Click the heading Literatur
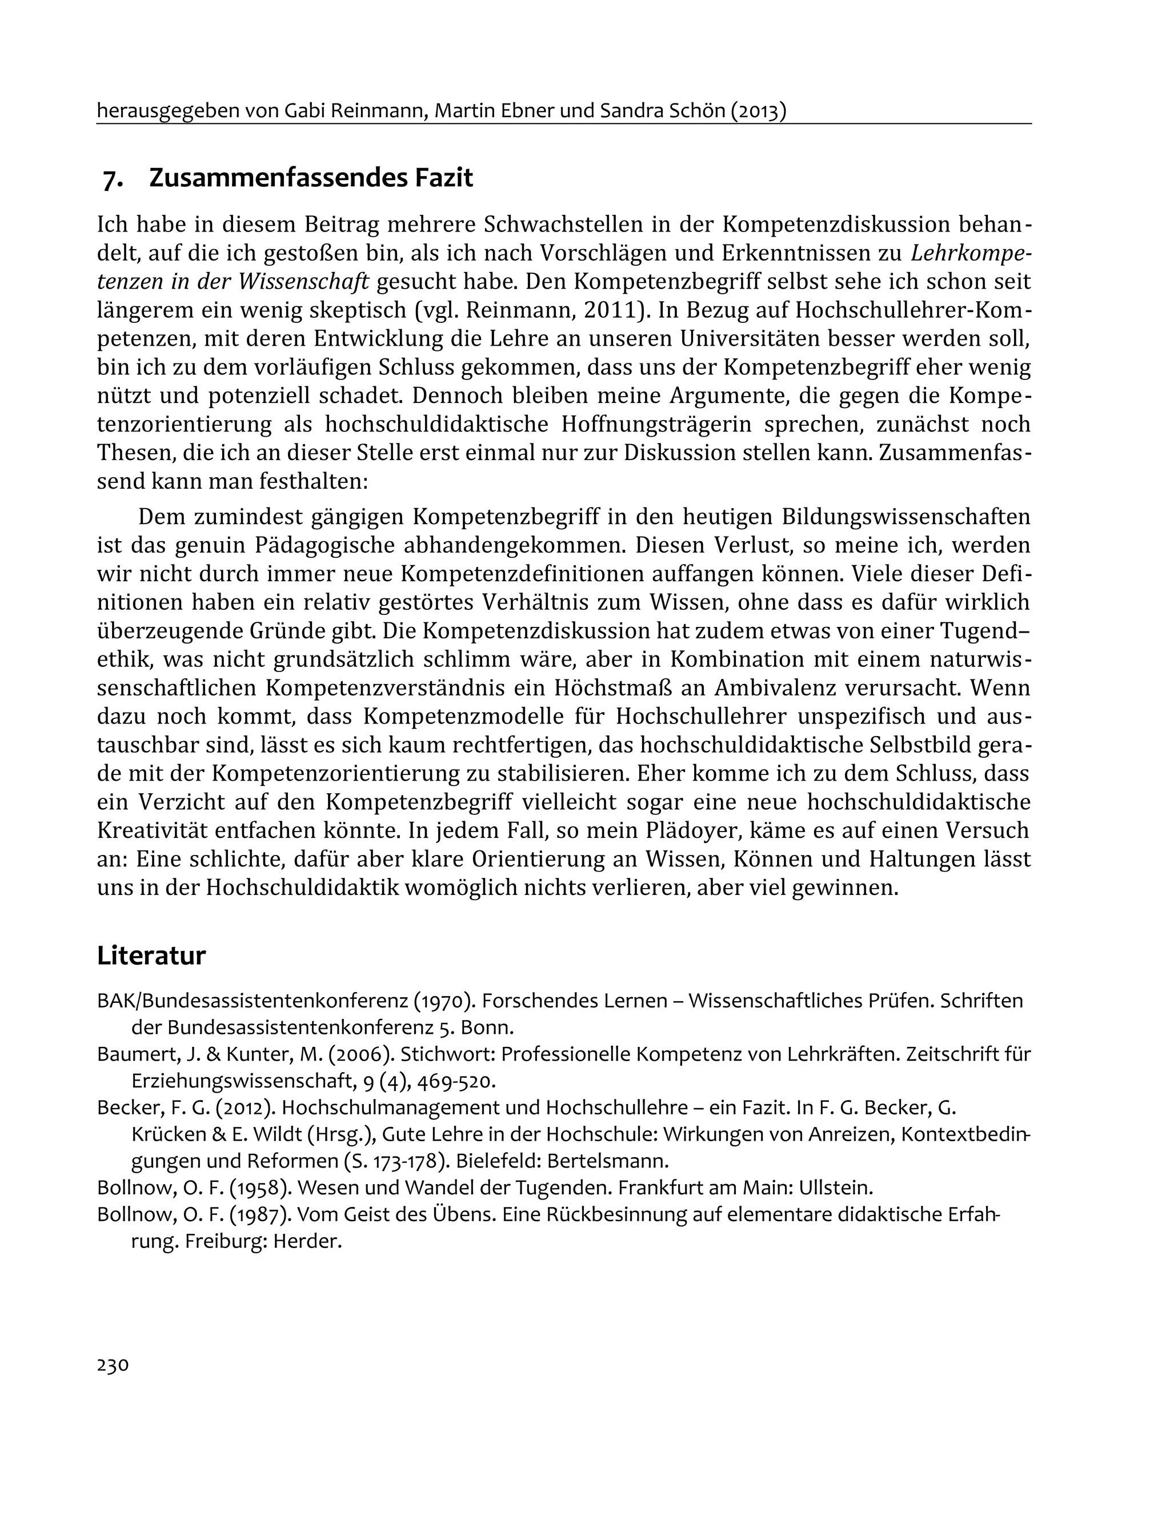click(151, 955)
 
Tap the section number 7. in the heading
click(113, 179)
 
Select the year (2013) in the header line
click(758, 111)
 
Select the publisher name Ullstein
click(835, 1188)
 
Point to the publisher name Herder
click(307, 1241)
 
